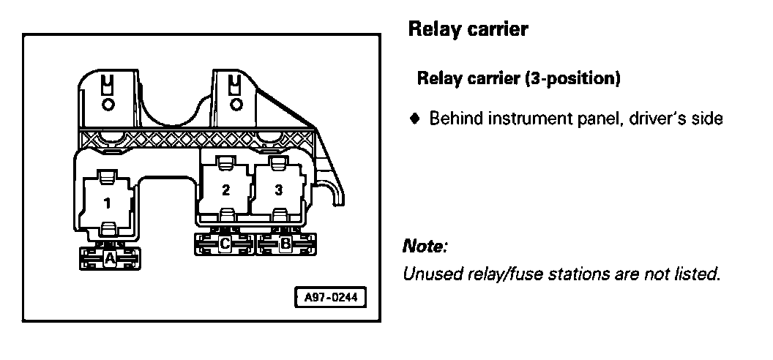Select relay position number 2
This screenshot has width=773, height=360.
pyautogui.click(x=225, y=190)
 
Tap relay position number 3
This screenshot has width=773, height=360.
pyautogui.click(x=278, y=190)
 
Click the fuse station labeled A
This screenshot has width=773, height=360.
pyautogui.click(x=109, y=258)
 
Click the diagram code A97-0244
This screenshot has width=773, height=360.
pyautogui.click(x=329, y=298)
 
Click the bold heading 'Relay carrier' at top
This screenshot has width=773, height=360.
pyautogui.click(x=467, y=30)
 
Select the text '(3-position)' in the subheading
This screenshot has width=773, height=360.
pyautogui.click(x=573, y=78)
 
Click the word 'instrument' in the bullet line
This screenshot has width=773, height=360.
pyautogui.click(x=519, y=118)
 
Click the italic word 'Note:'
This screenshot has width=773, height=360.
pyautogui.click(x=425, y=247)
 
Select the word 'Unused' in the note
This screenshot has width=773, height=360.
pyautogui.click(x=427, y=275)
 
